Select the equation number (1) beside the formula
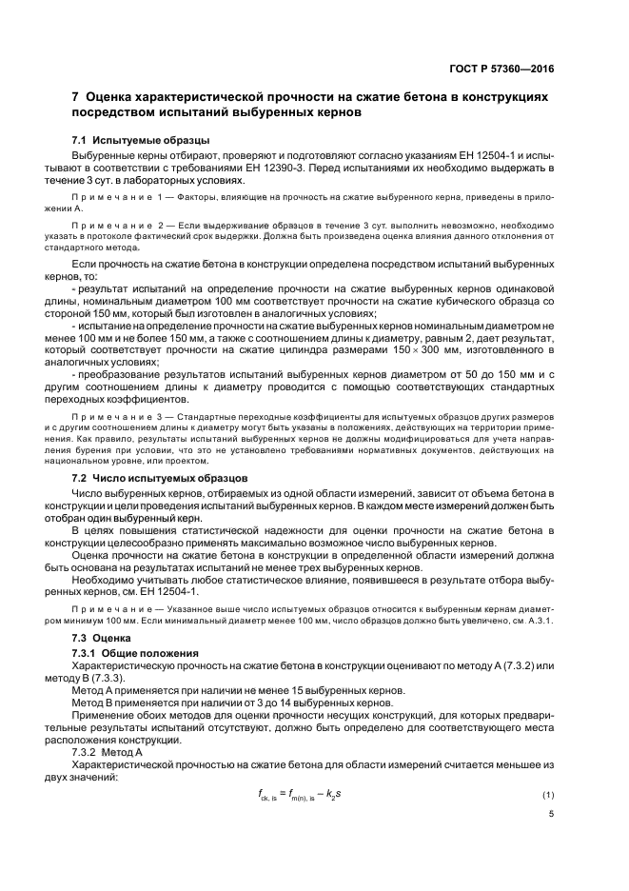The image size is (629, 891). click(547, 794)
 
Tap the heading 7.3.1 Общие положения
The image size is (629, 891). click(134, 653)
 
